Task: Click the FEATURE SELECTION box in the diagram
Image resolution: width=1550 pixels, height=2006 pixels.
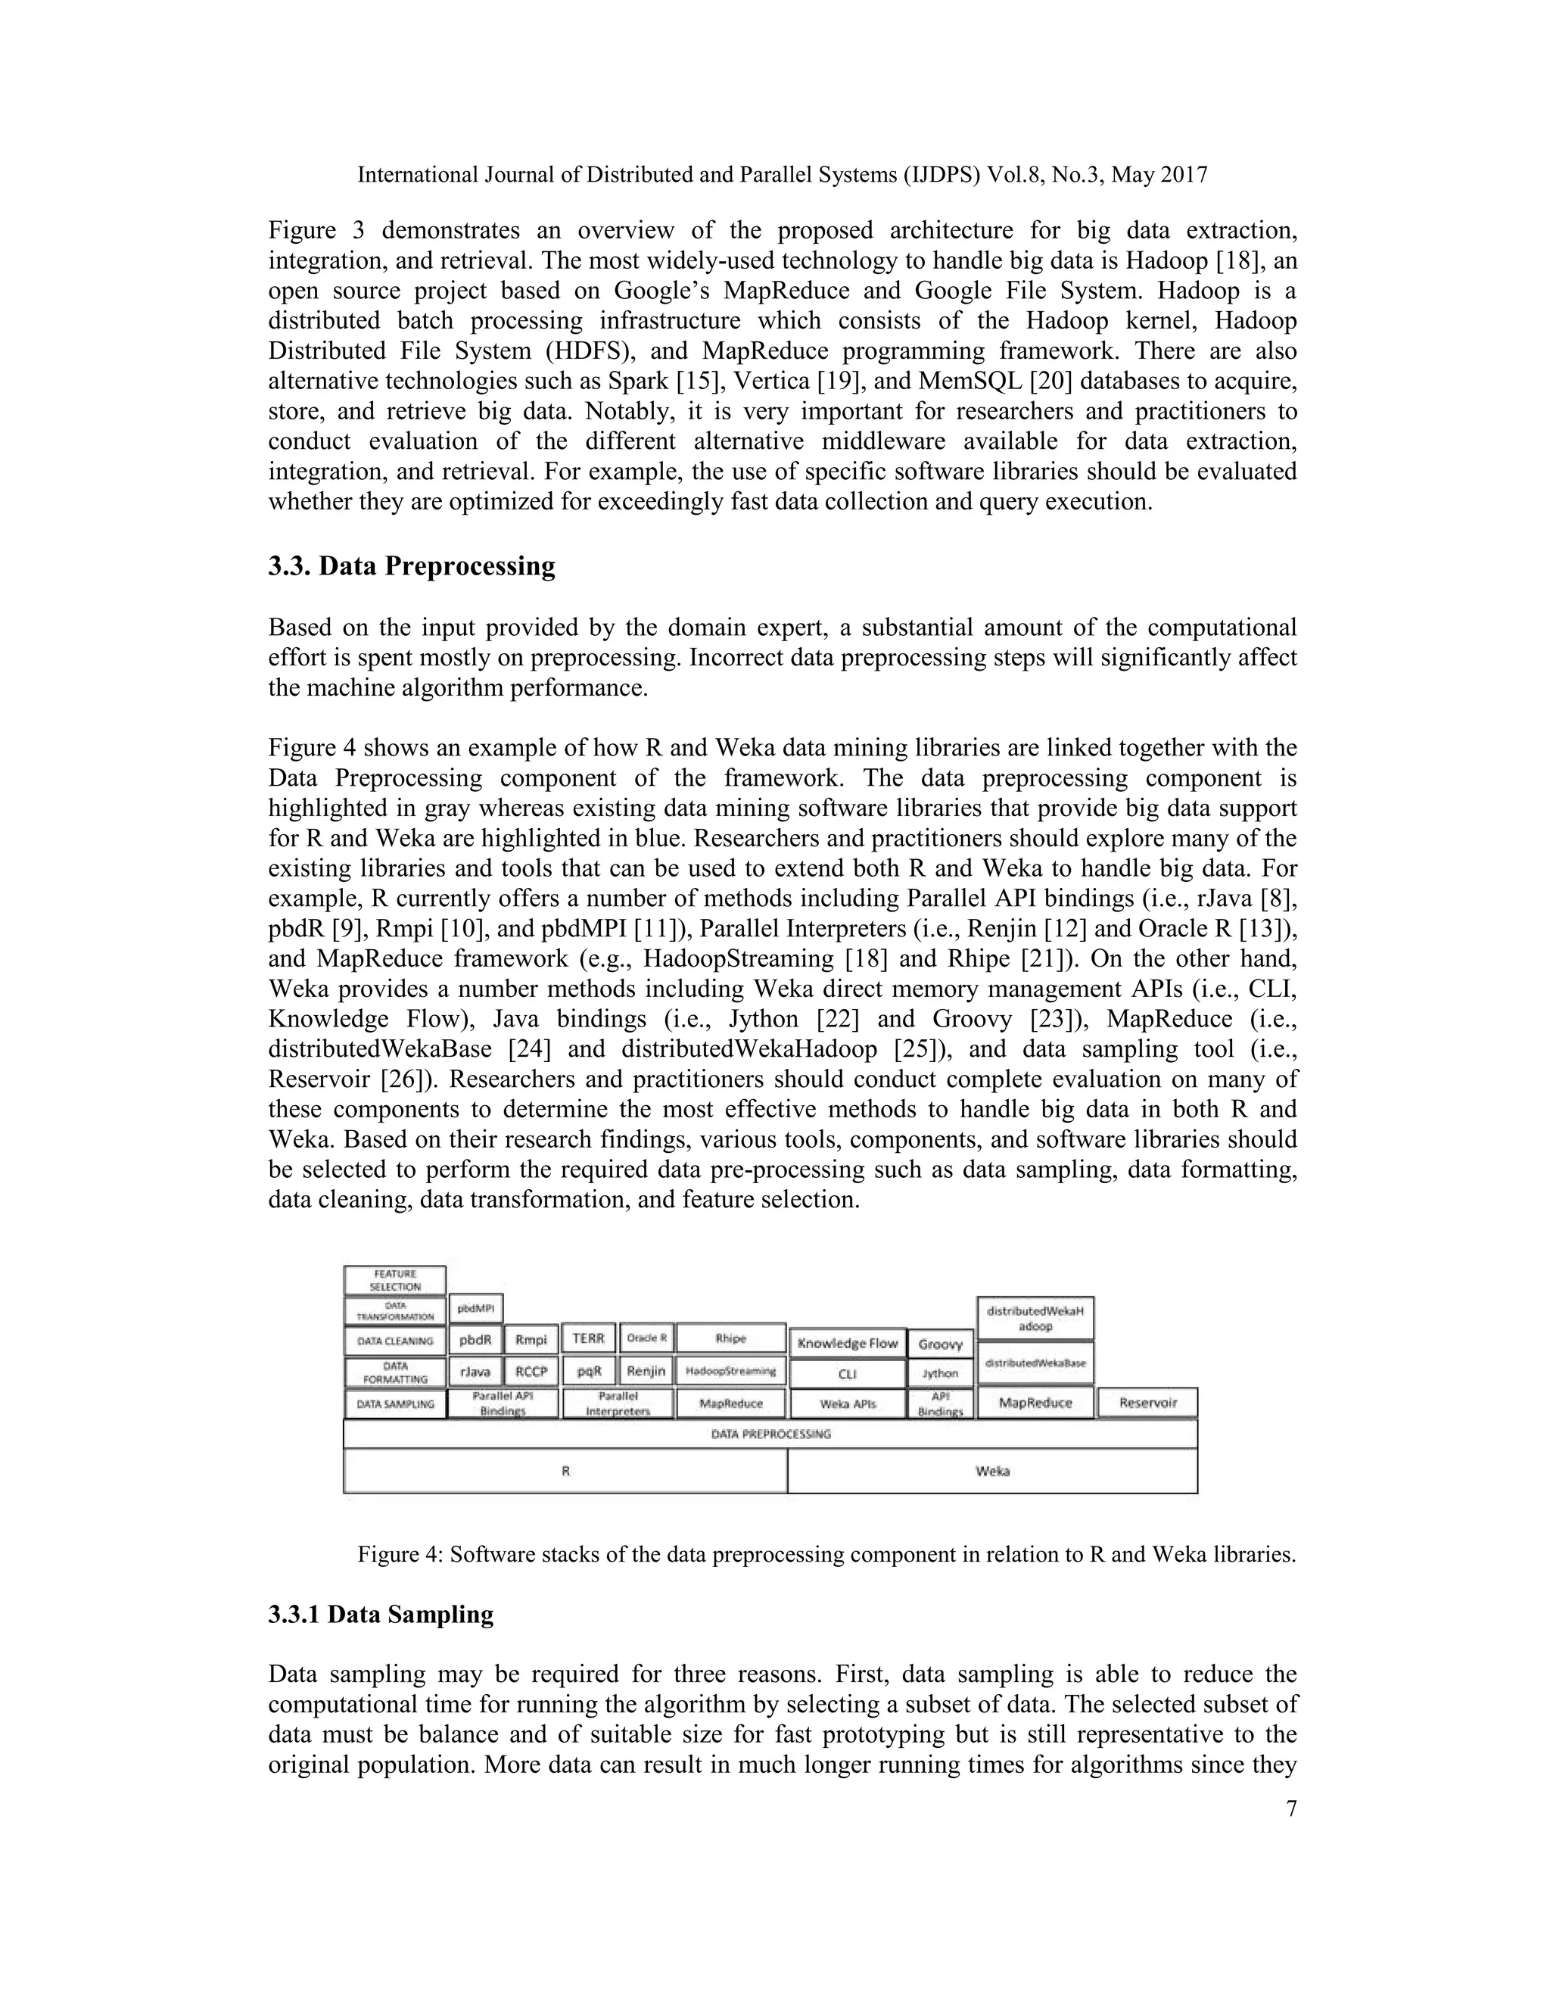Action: click(x=395, y=1280)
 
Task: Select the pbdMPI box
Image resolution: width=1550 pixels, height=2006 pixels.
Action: click(x=475, y=1308)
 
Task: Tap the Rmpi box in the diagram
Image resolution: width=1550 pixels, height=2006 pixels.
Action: click(x=531, y=1340)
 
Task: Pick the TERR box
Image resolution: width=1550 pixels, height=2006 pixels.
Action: click(x=587, y=1339)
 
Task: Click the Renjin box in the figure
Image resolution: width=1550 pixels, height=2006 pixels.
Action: click(x=646, y=1372)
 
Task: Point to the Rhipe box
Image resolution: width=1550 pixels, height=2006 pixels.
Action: click(x=731, y=1339)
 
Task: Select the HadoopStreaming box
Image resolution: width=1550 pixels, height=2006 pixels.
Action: click(x=731, y=1372)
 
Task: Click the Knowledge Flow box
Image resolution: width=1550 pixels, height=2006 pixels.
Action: click(x=847, y=1343)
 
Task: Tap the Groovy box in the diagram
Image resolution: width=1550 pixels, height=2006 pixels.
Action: click(x=939, y=1344)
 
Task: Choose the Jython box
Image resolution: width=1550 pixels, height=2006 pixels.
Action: click(x=939, y=1373)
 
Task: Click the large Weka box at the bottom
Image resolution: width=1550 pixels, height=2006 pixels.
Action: click(x=991, y=1471)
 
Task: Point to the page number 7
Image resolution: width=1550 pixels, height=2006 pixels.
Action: click(x=1290, y=1808)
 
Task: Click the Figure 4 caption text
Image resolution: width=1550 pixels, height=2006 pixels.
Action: click(x=826, y=1554)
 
